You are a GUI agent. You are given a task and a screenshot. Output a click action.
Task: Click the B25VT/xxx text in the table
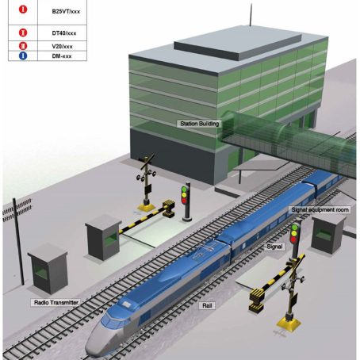(66, 11)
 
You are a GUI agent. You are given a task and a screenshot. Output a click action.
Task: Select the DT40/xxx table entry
(64, 33)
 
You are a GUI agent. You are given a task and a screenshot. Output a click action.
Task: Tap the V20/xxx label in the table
(62, 46)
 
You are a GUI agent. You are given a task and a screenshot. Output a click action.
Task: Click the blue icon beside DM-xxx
(23, 56)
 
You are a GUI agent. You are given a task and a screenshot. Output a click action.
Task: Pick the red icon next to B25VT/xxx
(23, 10)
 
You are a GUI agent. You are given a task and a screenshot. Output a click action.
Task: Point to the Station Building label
(199, 124)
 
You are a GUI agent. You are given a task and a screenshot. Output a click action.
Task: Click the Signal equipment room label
(320, 210)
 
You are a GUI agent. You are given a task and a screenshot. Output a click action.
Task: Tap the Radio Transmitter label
(56, 302)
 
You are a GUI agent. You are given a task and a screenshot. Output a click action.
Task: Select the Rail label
(207, 306)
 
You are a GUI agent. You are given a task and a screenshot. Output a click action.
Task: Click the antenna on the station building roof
(251, 15)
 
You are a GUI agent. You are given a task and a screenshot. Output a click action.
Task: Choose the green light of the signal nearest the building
(184, 190)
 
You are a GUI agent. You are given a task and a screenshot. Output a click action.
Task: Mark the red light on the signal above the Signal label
(293, 239)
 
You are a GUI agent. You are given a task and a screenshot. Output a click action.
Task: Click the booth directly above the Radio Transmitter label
(48, 268)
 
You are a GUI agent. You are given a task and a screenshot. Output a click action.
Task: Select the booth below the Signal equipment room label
(327, 234)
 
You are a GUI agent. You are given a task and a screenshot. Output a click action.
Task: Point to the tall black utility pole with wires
(18, 241)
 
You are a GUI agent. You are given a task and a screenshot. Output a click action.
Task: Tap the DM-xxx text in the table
(62, 56)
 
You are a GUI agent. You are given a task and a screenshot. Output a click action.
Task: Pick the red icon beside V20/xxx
(23, 46)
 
